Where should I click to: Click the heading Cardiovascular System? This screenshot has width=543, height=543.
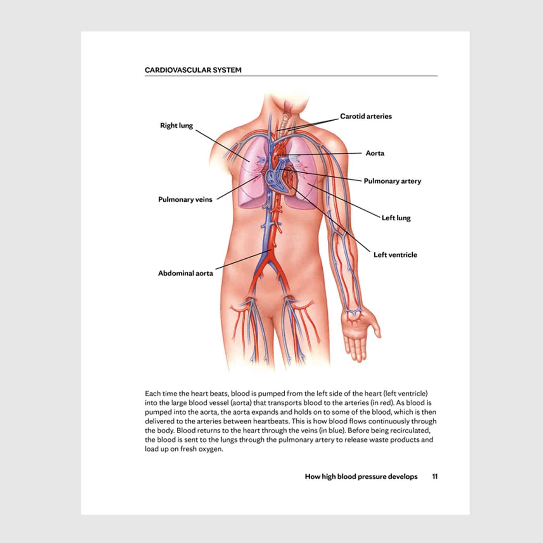point(193,70)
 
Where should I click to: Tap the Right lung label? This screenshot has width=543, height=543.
point(176,126)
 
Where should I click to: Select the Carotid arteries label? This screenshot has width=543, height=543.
point(366,116)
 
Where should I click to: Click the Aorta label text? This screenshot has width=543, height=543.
point(375,153)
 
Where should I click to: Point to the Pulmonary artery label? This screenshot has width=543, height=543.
point(392,181)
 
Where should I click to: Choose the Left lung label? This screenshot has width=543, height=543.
point(396,218)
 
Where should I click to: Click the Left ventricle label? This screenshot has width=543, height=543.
point(395,255)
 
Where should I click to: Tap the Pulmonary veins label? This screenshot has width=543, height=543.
point(185,200)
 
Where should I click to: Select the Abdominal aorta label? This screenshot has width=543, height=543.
point(185,273)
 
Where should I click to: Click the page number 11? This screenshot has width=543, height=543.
point(435,477)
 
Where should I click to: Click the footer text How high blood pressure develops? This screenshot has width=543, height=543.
point(361,477)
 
